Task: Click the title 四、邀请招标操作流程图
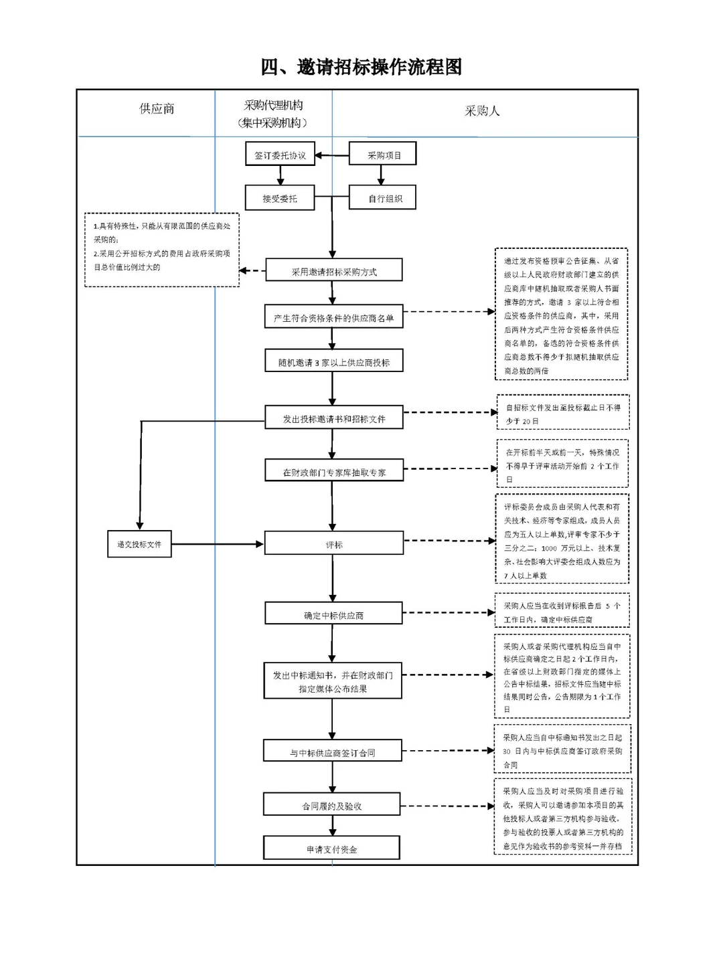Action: click(361, 67)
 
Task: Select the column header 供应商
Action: click(157, 109)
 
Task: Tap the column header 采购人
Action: click(482, 111)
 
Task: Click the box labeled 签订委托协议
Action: click(280, 155)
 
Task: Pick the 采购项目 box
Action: click(383, 154)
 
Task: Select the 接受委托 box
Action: click(280, 198)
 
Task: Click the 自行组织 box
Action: click(383, 198)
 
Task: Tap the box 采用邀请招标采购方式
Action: click(333, 270)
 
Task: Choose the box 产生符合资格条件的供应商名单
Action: click(333, 317)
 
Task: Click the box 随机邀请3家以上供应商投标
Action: click(333, 361)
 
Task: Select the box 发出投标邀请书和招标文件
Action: click(333, 418)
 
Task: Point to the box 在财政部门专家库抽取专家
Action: click(333, 471)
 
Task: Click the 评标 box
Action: click(333, 543)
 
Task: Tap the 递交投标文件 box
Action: click(139, 544)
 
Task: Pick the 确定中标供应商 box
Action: click(333, 614)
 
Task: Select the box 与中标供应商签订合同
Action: click(333, 752)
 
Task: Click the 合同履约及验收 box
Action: click(332, 805)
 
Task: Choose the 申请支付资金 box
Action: click(331, 848)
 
